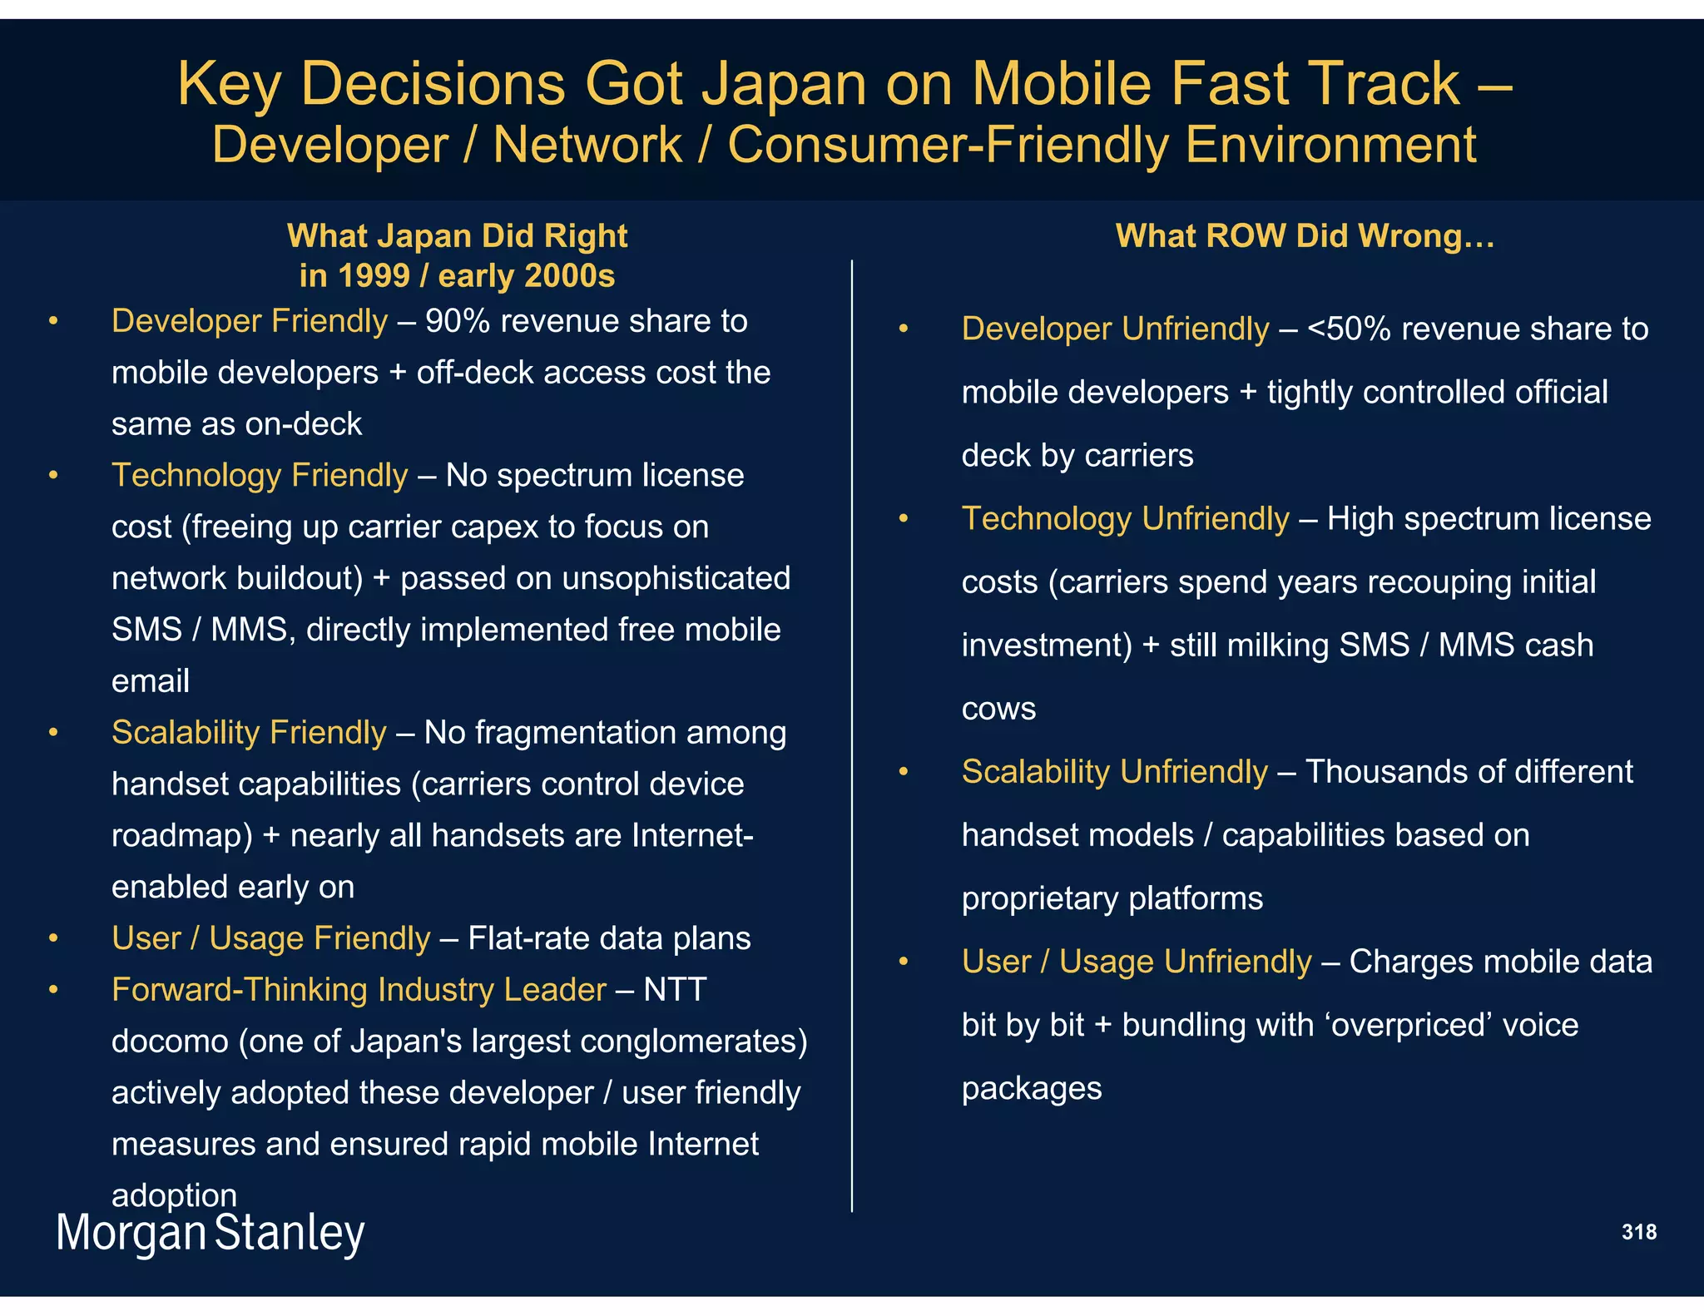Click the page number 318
[1638, 1232]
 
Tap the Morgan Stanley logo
[210, 1234]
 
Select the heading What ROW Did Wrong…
[1305, 236]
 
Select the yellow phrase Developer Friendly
[250, 322]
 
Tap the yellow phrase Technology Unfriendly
[1125, 519]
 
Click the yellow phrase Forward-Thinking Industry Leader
[359, 990]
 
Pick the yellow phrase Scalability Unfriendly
[1114, 772]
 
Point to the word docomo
[170, 1041]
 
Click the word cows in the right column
[998, 709]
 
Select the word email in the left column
[151, 681]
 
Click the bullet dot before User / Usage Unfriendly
[904, 962]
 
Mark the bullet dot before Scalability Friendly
[53, 733]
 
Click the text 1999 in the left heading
[373, 276]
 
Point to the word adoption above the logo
[174, 1195]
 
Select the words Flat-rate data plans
[609, 938]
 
